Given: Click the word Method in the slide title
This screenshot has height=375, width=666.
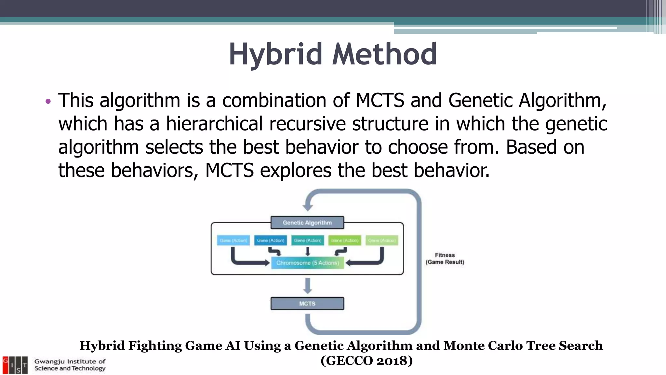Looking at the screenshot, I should [384, 54].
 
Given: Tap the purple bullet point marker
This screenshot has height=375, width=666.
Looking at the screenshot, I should [48, 101].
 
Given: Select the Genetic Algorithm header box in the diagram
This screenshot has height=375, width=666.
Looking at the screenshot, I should [307, 223].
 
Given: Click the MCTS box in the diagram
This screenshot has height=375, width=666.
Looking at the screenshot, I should [307, 303].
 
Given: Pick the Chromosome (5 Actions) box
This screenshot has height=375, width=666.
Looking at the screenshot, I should [307, 263].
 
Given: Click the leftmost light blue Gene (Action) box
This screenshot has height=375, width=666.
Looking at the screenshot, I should [233, 240].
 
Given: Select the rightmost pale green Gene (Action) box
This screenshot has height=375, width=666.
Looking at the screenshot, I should [382, 240].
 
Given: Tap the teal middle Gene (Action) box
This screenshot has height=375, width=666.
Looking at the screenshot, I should [307, 240].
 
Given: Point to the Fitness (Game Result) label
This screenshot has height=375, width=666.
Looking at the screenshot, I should [445, 258].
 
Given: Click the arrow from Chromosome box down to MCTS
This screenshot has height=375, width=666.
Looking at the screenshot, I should [307, 286].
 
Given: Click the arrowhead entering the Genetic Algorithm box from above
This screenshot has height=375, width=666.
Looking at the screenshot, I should [307, 207].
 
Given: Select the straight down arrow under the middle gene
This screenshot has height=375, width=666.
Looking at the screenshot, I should [307, 251].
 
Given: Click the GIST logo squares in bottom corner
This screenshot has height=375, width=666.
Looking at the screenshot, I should [15, 365].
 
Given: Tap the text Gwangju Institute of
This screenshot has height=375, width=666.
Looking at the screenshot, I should [70, 361].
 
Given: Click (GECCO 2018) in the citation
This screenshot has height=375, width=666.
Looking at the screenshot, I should [366, 361].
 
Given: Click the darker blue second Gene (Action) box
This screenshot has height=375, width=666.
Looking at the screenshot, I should [270, 240].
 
